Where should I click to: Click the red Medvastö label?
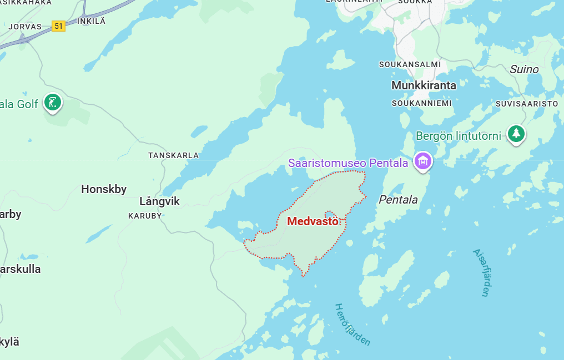coord(313,221)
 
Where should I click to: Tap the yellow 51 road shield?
coord(58,26)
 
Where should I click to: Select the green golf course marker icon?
coord(53,102)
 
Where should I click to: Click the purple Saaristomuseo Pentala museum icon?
coord(423,161)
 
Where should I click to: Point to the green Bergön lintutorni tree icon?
coord(517,133)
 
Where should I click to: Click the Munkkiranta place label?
coord(424,85)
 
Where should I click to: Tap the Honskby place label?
coord(104,189)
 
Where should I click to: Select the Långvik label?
coord(160,201)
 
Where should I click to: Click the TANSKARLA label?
coord(173,155)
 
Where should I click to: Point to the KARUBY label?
coord(145,215)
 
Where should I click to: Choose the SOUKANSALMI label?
coord(410,64)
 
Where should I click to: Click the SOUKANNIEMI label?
coord(421,103)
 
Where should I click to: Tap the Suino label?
coord(524,69)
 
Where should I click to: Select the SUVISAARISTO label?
coord(526,104)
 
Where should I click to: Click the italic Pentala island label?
coord(398,200)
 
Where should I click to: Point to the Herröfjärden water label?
coord(352,324)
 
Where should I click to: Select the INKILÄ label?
coord(91,21)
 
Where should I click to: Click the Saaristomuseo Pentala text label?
coord(348,163)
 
